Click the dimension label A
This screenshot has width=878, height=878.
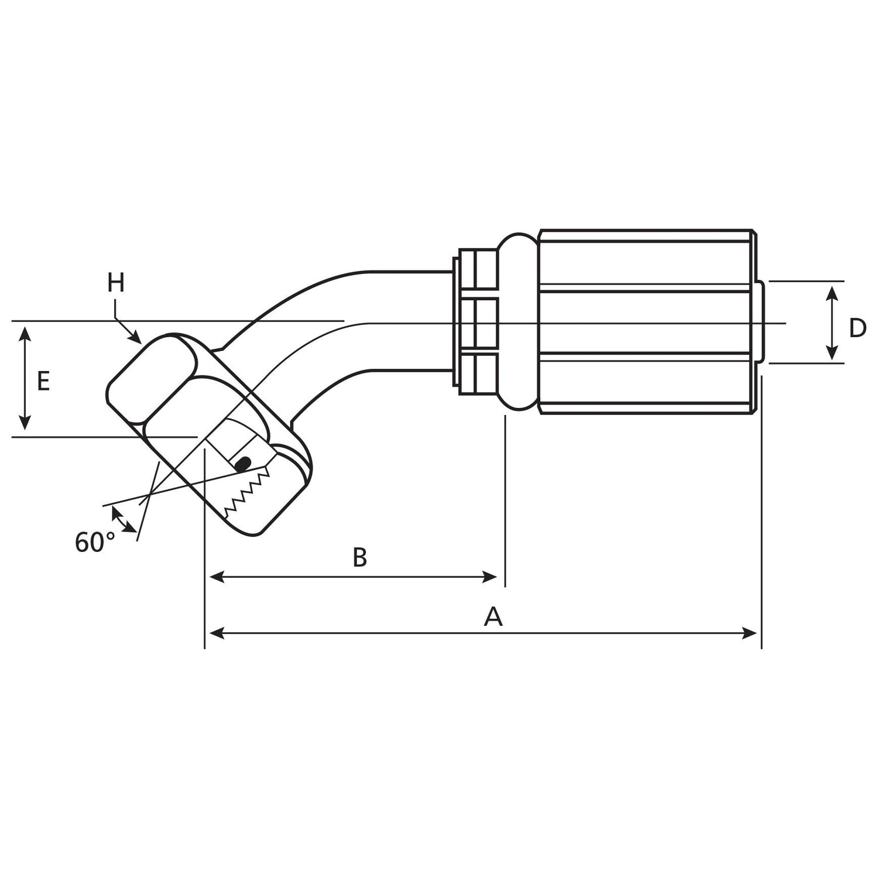pos(493,616)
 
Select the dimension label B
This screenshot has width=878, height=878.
pos(359,558)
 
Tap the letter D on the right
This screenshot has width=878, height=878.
pos(857,328)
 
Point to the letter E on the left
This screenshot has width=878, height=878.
pos(43,382)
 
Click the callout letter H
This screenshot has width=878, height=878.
pos(116,283)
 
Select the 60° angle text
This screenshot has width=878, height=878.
pos(94,543)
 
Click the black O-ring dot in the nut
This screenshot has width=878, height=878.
pos(242,464)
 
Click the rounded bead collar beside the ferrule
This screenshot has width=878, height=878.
pos(517,321)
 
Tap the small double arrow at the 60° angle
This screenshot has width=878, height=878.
pos(122,519)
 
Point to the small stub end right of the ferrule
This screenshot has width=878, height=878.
pos(759,322)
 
